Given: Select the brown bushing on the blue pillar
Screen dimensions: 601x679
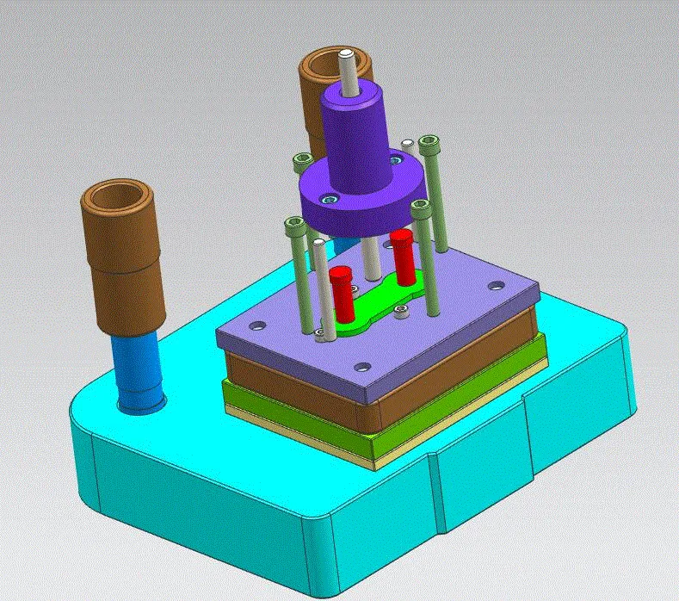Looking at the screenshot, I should (x=120, y=258).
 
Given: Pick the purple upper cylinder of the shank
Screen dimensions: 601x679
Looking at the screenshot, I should (x=354, y=129).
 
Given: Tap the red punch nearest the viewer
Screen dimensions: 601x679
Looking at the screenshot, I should (x=341, y=293).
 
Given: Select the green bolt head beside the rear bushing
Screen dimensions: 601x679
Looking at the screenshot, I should (x=302, y=160).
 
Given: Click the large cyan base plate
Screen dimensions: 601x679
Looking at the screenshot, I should (x=215, y=482).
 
